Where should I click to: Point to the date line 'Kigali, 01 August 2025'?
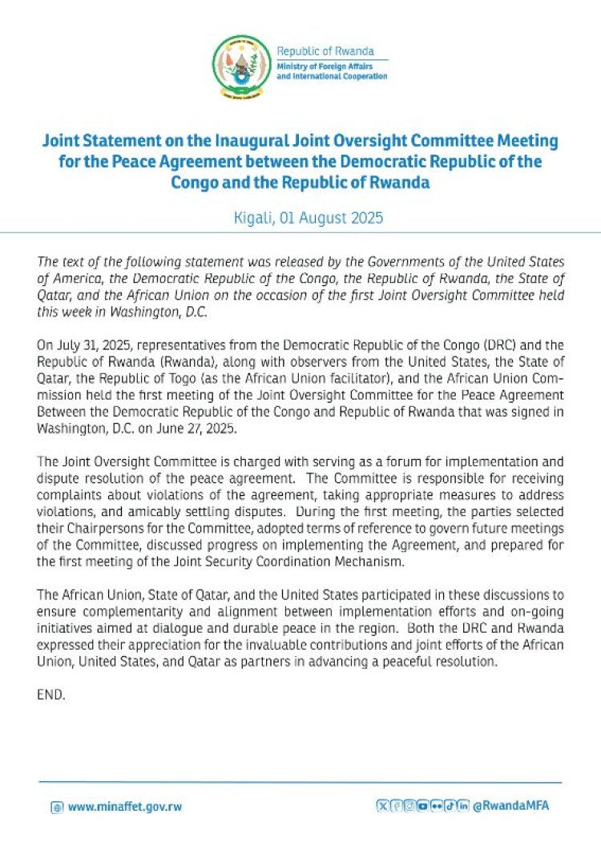pos(300,217)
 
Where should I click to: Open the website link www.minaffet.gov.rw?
pos(124,807)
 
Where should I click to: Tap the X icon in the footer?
pos(382,805)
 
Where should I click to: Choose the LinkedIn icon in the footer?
pos(463,805)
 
